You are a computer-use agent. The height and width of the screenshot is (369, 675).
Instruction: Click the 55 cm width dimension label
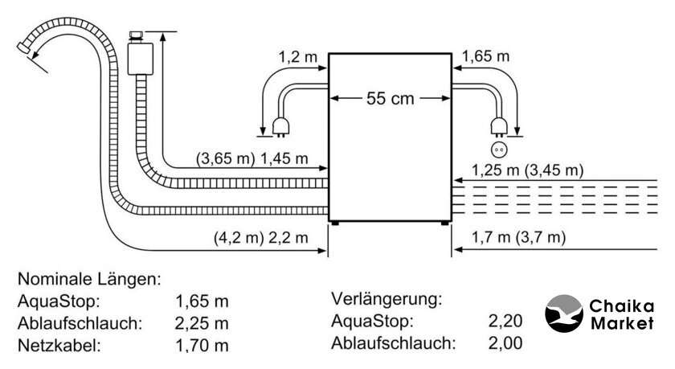point(390,99)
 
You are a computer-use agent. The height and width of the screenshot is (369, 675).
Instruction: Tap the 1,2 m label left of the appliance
point(298,56)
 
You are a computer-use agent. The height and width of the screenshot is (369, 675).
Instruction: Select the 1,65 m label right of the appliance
point(486,56)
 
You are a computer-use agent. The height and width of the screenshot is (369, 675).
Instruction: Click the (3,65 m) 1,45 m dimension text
point(252,159)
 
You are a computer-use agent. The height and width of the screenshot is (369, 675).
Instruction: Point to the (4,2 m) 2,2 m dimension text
point(261,237)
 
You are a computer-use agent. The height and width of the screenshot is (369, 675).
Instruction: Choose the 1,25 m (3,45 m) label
point(527,170)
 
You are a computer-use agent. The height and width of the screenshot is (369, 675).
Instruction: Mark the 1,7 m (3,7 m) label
point(519,237)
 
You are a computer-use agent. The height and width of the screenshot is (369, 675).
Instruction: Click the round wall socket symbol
point(499,150)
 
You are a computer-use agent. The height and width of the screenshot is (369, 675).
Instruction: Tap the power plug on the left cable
point(280,128)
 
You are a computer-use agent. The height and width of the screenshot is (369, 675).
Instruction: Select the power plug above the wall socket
point(499,128)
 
